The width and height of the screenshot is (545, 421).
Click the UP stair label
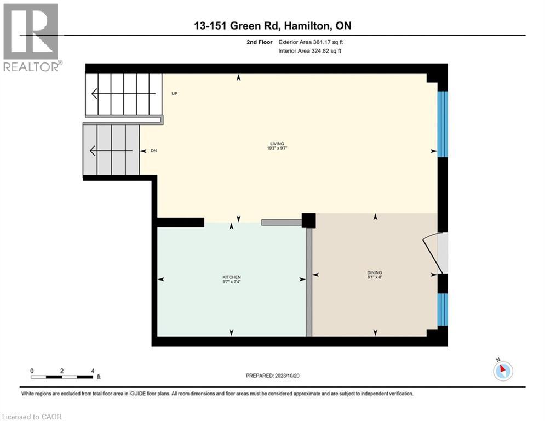point(174,94)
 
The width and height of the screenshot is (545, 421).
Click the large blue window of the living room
point(443,123)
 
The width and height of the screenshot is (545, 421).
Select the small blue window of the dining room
point(443,310)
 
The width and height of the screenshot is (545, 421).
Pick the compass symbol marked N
point(502,371)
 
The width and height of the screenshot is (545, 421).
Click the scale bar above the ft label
point(61,377)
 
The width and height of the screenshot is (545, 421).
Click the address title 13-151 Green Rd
point(272,26)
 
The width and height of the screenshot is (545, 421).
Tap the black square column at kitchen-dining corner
point(309,220)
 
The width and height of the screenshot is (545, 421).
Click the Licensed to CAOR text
point(32,417)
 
